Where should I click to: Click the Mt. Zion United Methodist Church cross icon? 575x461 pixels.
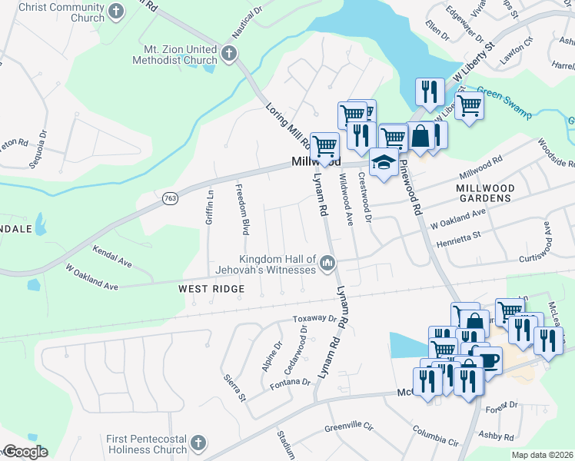pyautogui.click(x=229, y=53)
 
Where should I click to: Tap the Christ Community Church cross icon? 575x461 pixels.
pyautogui.click(x=115, y=12)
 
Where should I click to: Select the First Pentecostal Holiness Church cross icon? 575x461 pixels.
pyautogui.click(x=198, y=443)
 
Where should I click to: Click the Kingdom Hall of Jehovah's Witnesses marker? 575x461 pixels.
pyautogui.click(x=327, y=264)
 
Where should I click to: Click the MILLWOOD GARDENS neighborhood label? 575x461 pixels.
pyautogui.click(x=483, y=193)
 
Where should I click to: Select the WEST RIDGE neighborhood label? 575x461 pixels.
pyautogui.click(x=211, y=289)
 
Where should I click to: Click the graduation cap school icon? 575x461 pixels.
pyautogui.click(x=384, y=162)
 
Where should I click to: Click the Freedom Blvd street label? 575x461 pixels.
pyautogui.click(x=243, y=210)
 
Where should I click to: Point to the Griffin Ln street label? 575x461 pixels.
pyautogui.click(x=210, y=207)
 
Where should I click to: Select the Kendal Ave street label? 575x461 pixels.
pyautogui.click(x=112, y=257)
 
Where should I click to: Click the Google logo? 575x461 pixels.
pyautogui.click(x=25, y=452)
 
